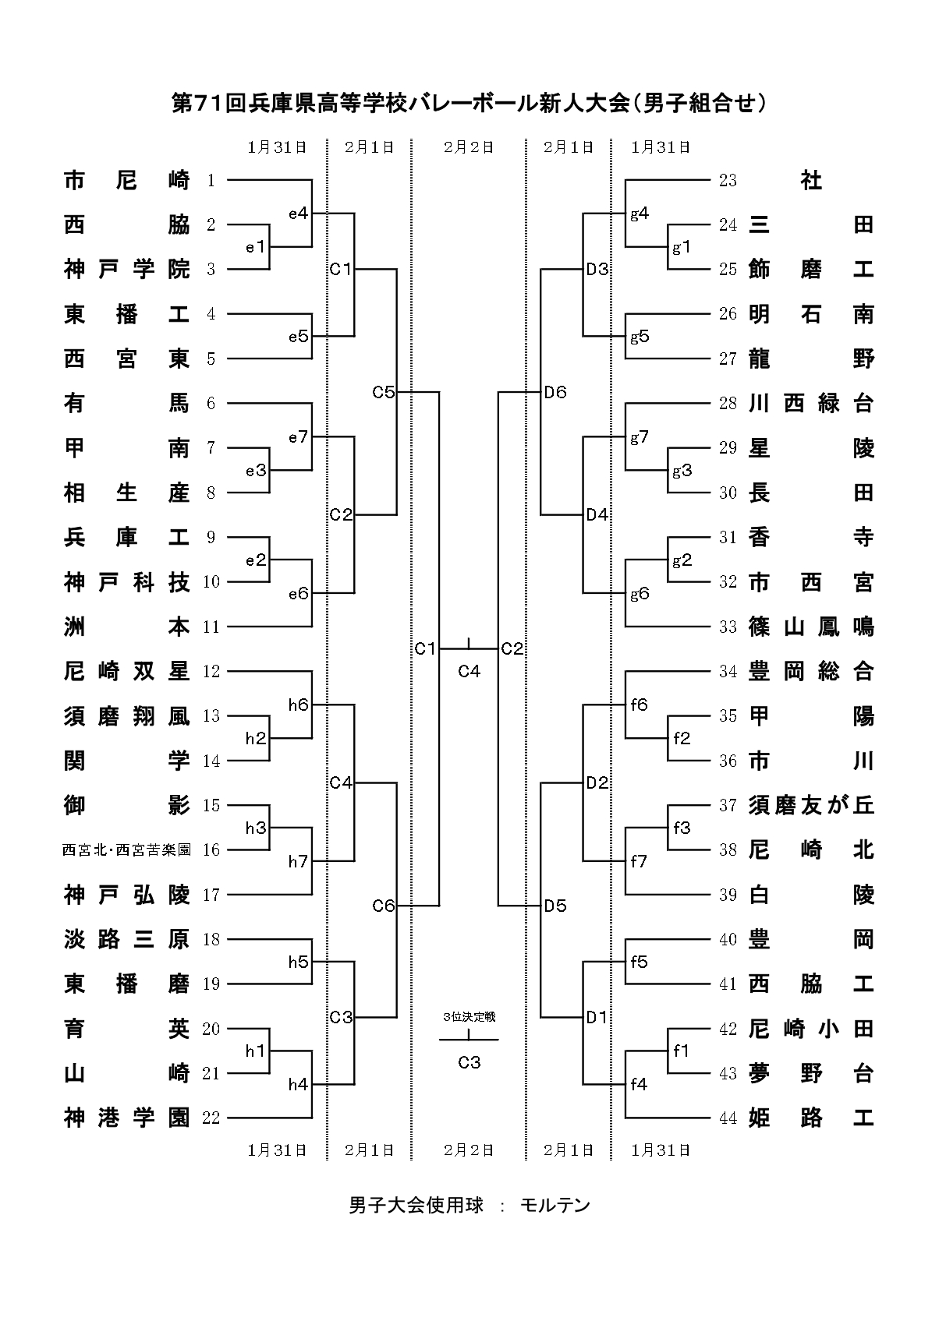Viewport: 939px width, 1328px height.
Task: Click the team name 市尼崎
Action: pyautogui.click(x=126, y=181)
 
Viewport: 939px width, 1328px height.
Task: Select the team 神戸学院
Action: pyautogui.click(x=126, y=270)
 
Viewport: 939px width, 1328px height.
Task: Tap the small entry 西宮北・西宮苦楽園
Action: pyautogui.click(x=126, y=850)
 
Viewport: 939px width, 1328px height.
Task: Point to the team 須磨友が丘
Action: pyautogui.click(x=811, y=805)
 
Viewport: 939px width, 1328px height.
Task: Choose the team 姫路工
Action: pyautogui.click(x=811, y=1118)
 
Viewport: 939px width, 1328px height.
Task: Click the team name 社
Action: pyautogui.click(x=811, y=181)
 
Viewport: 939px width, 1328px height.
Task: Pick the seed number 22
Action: pyautogui.click(x=211, y=1118)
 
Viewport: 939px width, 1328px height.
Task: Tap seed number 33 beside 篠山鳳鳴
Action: pyautogui.click(x=728, y=627)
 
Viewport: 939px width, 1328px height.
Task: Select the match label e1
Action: pyautogui.click(x=256, y=248)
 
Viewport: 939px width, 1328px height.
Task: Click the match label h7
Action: pyautogui.click(x=299, y=861)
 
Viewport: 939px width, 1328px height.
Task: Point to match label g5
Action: pyautogui.click(x=640, y=337)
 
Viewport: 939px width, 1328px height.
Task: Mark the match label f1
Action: pyautogui.click(x=682, y=1051)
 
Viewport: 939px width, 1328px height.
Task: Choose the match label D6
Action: pyautogui.click(x=556, y=392)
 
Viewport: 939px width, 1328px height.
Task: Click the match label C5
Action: pyautogui.click(x=384, y=392)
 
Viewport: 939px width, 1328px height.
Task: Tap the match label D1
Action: pyautogui.click(x=597, y=1017)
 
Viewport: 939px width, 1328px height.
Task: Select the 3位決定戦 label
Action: pyautogui.click(x=469, y=1017)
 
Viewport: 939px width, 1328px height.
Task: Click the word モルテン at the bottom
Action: pyautogui.click(x=555, y=1206)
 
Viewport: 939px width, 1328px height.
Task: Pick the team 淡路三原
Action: pyautogui.click(x=126, y=940)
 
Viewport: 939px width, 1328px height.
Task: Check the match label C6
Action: pyautogui.click(x=384, y=906)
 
